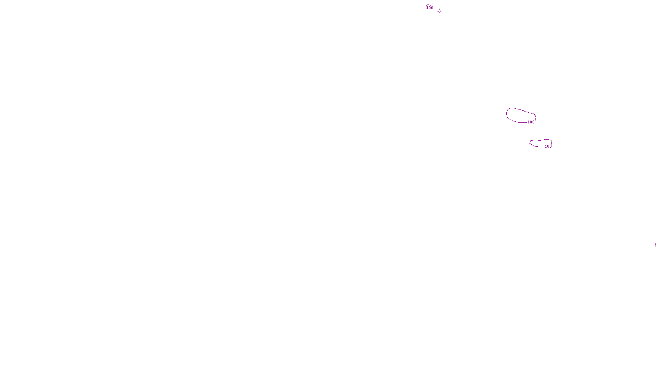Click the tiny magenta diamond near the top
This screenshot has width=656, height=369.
point(439,11)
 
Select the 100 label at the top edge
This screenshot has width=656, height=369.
point(430,8)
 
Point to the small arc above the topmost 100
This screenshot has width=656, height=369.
point(429,5)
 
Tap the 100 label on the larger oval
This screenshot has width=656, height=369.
point(531,122)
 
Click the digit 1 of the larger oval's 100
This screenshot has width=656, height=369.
point(528,122)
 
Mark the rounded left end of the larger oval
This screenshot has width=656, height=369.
point(507,114)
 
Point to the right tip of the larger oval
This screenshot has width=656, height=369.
point(536,118)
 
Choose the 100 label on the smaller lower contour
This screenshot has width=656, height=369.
point(548,146)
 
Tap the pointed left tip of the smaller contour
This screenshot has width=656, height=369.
point(530,142)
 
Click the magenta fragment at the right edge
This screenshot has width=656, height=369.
point(655,245)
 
